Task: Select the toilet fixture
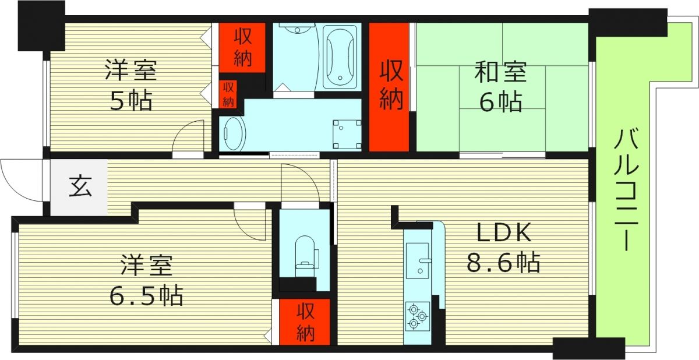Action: (x=305, y=253)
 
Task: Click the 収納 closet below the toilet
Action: (x=305, y=322)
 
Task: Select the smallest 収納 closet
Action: (x=228, y=94)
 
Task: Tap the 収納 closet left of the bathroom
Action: (x=242, y=47)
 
